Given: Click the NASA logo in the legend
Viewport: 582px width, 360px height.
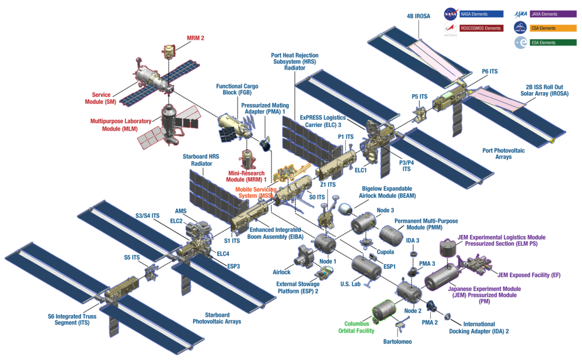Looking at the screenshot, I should coord(450,14).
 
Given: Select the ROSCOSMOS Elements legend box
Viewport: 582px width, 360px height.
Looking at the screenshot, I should coord(481,28).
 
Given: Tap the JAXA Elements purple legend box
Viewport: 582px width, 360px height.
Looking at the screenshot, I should coord(553,14).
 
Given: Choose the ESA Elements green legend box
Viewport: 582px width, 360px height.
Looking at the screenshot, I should coord(553,43).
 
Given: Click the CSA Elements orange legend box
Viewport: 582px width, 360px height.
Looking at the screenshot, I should coord(553,28).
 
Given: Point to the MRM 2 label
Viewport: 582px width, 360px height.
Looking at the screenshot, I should coord(196,38).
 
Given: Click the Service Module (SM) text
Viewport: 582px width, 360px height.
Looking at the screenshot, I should coord(104,98).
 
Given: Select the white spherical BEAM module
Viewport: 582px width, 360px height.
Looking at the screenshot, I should coord(345,209).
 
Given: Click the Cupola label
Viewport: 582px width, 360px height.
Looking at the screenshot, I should coord(385,252).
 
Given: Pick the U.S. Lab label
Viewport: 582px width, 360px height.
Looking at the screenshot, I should coord(350,284).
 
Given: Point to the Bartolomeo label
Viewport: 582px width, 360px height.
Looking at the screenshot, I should coord(396,342).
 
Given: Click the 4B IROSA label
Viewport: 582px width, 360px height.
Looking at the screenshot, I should coord(418,16).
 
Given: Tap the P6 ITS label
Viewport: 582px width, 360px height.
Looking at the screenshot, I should coord(489,72).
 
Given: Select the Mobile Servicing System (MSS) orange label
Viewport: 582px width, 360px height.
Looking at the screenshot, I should coord(256,193).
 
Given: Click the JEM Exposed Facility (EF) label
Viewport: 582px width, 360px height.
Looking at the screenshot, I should coord(529,275).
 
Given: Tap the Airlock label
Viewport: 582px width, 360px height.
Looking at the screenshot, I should coord(281,273).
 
